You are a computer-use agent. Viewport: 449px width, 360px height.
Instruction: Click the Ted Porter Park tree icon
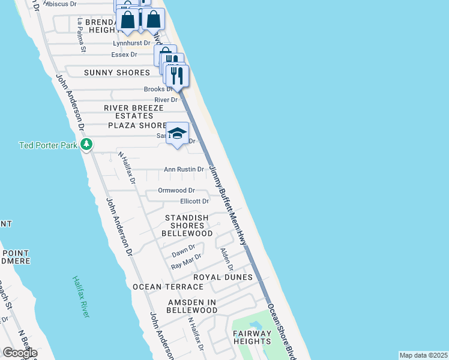tap(87, 145)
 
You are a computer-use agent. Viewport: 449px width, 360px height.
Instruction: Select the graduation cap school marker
tap(178, 134)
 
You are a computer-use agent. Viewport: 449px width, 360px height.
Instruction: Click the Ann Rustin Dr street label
tap(184, 170)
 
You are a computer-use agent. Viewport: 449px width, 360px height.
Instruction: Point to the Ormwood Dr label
tap(176, 190)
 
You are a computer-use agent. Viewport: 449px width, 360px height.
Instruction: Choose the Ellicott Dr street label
tap(194, 202)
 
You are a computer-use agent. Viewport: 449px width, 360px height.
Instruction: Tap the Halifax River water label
tap(82, 297)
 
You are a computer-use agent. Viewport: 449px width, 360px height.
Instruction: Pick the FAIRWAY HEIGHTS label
tap(253, 337)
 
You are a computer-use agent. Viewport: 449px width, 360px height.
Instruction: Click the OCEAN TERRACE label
tap(164, 287)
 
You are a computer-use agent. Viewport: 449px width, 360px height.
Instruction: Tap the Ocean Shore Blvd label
tap(282, 330)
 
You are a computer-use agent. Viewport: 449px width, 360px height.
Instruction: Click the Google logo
tap(20, 353)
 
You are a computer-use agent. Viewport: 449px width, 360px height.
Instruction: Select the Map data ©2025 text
tap(423, 355)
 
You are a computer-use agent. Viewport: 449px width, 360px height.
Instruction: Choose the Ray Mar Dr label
tap(185, 263)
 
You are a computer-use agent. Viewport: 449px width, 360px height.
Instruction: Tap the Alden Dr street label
tap(226, 259)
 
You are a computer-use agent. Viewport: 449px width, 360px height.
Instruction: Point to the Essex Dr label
tap(124, 55)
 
